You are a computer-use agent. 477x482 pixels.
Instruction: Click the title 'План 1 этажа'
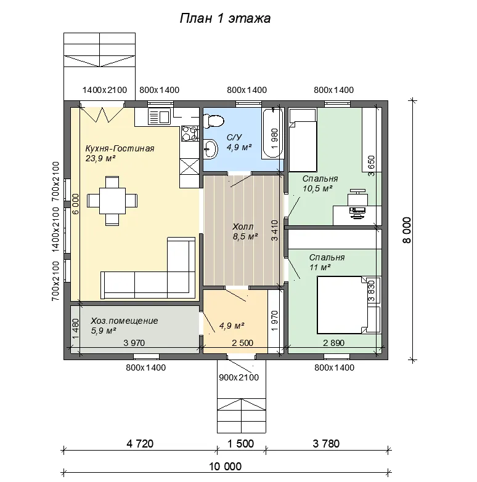click(225, 18)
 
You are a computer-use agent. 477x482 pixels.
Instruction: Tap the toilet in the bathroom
click(214, 121)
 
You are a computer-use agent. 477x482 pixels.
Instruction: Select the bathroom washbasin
click(211, 149)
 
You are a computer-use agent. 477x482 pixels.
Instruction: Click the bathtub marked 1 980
click(272, 133)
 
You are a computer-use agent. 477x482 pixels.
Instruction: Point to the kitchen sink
click(159, 116)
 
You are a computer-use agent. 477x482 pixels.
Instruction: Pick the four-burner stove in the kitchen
click(190, 134)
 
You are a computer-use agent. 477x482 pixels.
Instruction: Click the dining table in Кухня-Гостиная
click(112, 201)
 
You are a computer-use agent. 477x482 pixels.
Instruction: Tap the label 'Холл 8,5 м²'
click(245, 231)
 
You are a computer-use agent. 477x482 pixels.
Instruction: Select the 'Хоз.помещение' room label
click(124, 321)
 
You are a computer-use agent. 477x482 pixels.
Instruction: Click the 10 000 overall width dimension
click(226, 467)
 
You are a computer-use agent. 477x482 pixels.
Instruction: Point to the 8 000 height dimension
click(407, 230)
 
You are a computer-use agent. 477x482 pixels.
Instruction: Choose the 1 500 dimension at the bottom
click(240, 444)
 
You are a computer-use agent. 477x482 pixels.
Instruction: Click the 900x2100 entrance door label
click(238, 377)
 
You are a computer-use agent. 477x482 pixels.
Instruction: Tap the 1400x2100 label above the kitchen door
click(105, 90)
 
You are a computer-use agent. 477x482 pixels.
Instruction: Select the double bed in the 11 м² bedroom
click(342, 305)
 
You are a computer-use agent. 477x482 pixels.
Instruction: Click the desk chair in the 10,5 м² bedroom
click(358, 197)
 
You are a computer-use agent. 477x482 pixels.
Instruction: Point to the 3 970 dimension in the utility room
click(134, 343)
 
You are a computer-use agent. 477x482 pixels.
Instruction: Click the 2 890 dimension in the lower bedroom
click(333, 343)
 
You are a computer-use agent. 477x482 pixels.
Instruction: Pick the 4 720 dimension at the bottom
click(140, 444)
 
